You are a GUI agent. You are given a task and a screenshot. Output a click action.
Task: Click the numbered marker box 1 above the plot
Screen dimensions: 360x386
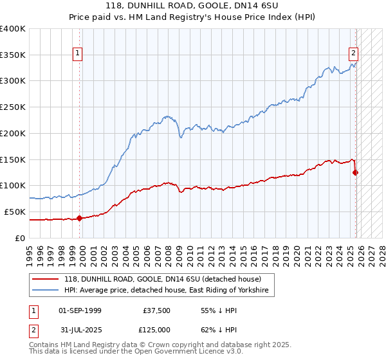coord(77,54)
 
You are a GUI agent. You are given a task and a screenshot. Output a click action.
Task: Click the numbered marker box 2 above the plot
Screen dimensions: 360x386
coord(353,54)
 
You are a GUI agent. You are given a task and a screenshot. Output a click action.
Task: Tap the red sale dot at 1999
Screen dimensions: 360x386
coord(80,218)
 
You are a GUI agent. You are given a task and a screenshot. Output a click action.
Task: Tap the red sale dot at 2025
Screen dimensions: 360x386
coord(356,172)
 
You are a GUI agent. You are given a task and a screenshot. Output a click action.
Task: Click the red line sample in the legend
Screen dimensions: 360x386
coord(46,280)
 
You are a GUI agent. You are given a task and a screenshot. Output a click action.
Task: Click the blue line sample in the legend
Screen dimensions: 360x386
coord(46,291)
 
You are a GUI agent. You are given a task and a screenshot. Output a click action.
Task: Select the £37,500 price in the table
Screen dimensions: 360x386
coord(157,310)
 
